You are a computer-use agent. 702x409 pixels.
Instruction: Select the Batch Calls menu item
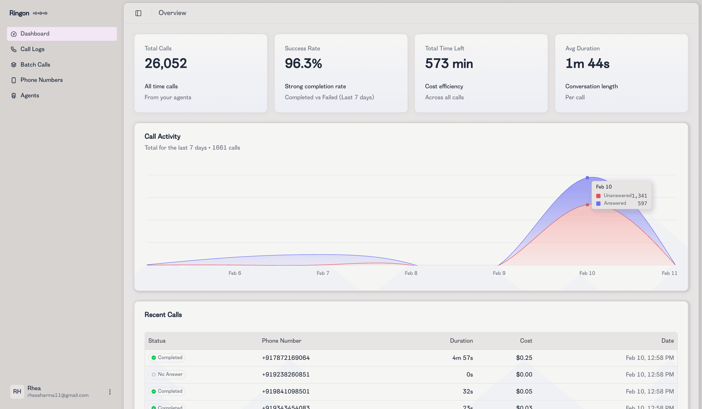[35, 65]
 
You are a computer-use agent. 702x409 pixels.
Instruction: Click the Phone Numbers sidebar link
[41, 80]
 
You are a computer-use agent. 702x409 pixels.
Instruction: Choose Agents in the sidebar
[30, 95]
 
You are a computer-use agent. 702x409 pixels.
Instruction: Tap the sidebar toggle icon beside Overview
[138, 13]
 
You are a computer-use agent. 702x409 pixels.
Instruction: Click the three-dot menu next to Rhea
[110, 392]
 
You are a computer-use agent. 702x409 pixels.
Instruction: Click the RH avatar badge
[17, 391]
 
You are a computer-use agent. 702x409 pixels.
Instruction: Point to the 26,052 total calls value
[165, 63]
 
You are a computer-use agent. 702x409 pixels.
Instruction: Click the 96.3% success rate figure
[303, 63]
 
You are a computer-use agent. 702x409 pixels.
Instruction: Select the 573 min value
[449, 63]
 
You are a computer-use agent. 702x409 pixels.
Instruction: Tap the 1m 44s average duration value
[587, 63]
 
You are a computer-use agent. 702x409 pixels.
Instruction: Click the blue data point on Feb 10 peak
[587, 178]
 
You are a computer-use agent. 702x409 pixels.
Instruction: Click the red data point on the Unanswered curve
[587, 205]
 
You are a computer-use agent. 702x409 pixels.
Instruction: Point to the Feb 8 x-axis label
[411, 273]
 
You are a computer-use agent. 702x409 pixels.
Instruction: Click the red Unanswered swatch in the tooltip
[598, 196]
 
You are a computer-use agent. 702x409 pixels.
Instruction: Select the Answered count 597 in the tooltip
[642, 204]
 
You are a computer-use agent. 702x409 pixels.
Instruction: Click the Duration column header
[461, 341]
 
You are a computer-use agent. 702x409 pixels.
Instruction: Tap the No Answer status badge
[167, 374]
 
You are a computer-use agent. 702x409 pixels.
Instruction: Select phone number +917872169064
[286, 358]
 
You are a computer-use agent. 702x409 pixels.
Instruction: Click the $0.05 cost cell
[524, 391]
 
